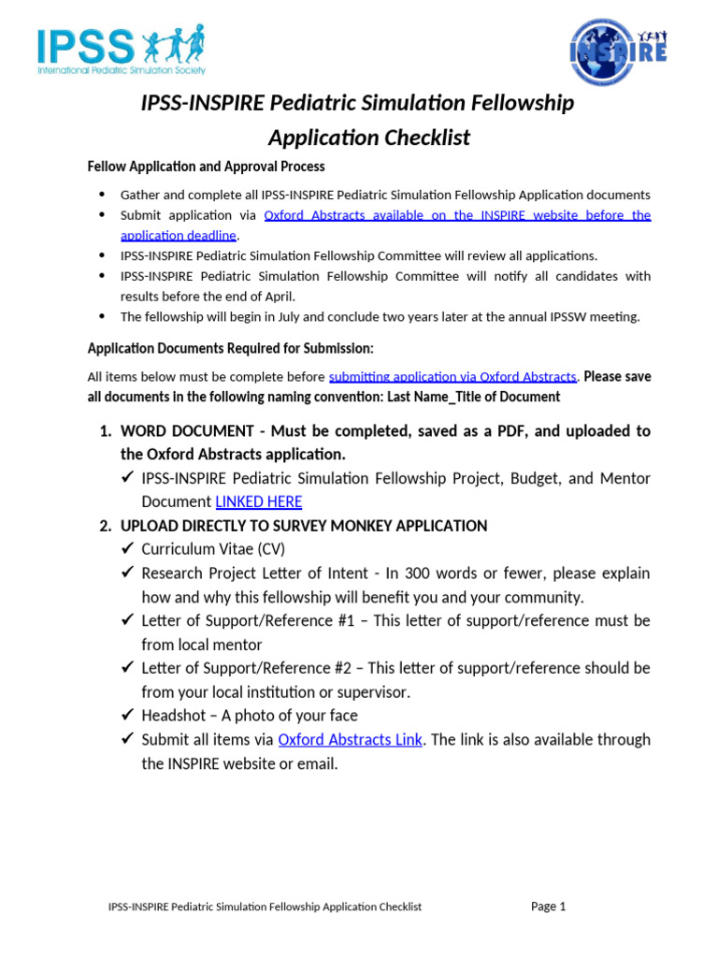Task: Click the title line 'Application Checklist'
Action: (369, 138)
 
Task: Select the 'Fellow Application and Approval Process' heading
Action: (206, 167)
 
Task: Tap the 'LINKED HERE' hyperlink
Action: (258, 501)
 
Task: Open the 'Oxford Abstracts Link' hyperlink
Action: (350, 739)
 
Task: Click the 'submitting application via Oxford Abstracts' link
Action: (452, 377)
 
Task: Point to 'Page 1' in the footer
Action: (548, 906)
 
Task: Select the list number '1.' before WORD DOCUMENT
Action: (106, 431)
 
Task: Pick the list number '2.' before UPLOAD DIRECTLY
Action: (106, 526)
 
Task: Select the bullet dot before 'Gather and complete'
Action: (102, 195)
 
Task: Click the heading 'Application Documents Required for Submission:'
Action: (230, 348)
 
